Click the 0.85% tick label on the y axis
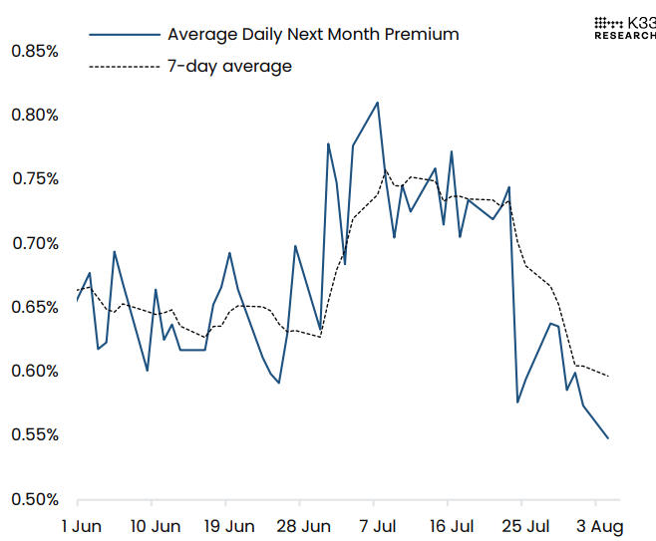[34, 50]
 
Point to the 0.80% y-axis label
[34, 115]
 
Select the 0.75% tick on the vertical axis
[34, 178]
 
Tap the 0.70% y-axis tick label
[34, 243]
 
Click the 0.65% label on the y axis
[34, 307]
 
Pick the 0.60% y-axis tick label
[34, 372]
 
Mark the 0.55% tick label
[34, 435]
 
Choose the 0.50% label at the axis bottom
[34, 499]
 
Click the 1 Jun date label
[79, 526]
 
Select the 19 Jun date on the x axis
[228, 526]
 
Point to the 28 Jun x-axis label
[303, 526]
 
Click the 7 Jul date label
[377, 526]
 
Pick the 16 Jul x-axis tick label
[451, 526]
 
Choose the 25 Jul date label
[524, 526]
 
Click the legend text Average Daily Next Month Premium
[313, 34]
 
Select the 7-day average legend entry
[229, 67]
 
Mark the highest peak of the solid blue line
[378, 102]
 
